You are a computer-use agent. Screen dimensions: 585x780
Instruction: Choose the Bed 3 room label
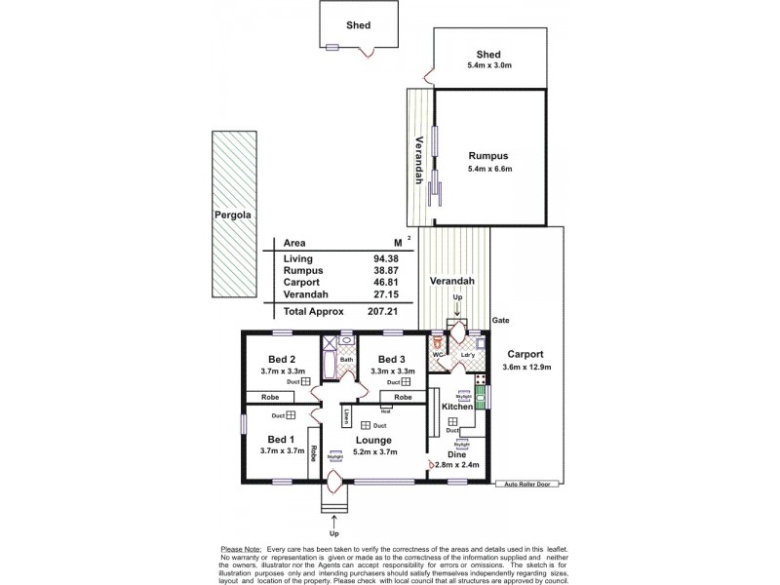click(391, 358)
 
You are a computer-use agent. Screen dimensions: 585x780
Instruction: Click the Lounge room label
click(373, 440)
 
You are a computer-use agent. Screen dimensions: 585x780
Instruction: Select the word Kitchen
click(457, 406)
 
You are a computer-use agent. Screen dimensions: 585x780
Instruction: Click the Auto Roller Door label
click(526, 484)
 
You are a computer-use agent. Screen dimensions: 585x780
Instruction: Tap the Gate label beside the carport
click(502, 320)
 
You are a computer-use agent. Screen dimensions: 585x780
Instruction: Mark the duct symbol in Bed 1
click(291, 415)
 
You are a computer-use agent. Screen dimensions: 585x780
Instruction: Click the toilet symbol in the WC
click(438, 344)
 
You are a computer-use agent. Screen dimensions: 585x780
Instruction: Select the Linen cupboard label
click(347, 416)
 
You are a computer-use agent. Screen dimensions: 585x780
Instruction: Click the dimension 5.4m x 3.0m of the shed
click(489, 67)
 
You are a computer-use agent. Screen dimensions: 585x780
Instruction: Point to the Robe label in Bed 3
click(403, 398)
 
